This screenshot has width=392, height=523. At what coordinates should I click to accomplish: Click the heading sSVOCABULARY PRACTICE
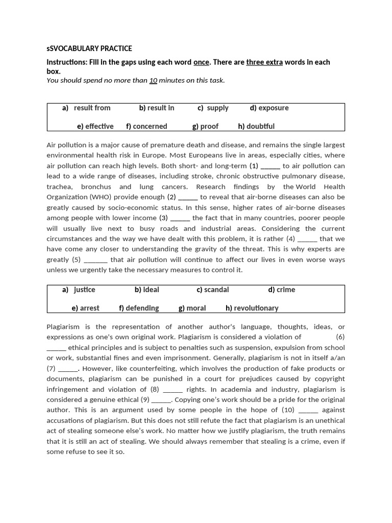pos(89,49)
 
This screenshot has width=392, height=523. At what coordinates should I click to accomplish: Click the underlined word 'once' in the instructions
pos(201,62)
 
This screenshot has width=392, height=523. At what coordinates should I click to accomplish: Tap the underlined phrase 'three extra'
pos(264,62)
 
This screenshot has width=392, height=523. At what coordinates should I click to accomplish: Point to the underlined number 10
pos(153,80)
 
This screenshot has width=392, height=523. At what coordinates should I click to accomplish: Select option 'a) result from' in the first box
pos(86,108)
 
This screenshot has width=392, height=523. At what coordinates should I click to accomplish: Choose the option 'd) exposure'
pos(269,108)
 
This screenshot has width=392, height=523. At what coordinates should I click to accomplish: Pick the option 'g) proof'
pos(205,126)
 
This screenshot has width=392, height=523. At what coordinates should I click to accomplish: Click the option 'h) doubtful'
pos(256,126)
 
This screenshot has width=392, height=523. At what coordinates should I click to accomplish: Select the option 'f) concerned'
pos(146,126)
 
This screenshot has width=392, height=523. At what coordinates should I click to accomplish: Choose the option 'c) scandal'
pos(213,290)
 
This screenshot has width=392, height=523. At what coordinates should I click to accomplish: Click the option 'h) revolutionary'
pos(252,308)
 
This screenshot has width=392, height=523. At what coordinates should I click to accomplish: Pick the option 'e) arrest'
pos(86,308)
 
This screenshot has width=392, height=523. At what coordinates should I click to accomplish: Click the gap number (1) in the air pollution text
pos(254,166)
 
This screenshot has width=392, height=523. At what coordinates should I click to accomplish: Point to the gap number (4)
pos(290,239)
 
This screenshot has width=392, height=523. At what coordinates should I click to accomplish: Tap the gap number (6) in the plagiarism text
pos(340,337)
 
